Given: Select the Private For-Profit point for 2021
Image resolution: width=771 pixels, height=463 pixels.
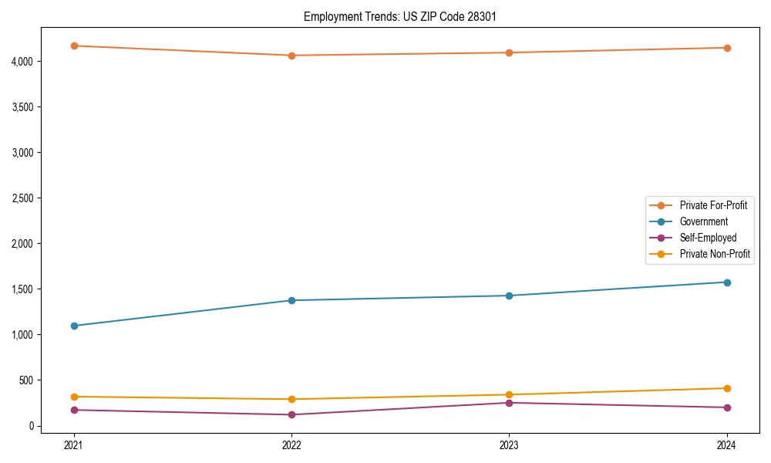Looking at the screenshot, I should point(74,46).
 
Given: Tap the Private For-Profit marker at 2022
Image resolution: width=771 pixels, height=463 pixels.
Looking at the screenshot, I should point(291,56).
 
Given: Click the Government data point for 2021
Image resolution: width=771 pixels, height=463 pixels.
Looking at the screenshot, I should point(74,326).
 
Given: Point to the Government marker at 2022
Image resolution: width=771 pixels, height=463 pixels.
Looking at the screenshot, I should point(291,300).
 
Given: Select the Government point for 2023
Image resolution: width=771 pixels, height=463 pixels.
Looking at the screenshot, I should point(509,296).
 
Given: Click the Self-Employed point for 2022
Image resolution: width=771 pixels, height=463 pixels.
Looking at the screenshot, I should point(291,414).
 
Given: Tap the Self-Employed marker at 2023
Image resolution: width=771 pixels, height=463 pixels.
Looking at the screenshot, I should point(509,403).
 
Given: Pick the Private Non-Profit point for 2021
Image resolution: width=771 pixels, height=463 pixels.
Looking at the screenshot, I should point(74,397).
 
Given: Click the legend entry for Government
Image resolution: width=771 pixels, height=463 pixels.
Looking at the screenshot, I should point(703,221).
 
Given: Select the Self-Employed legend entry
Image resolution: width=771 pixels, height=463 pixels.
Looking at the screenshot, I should point(708,238).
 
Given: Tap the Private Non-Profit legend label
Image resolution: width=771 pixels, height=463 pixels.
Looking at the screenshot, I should point(715,254).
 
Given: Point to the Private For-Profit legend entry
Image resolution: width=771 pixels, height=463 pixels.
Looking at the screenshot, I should point(713,205).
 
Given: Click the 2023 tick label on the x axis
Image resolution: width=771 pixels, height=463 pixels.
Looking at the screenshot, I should point(509,444).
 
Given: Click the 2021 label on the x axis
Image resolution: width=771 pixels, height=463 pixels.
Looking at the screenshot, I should point(74,444).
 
